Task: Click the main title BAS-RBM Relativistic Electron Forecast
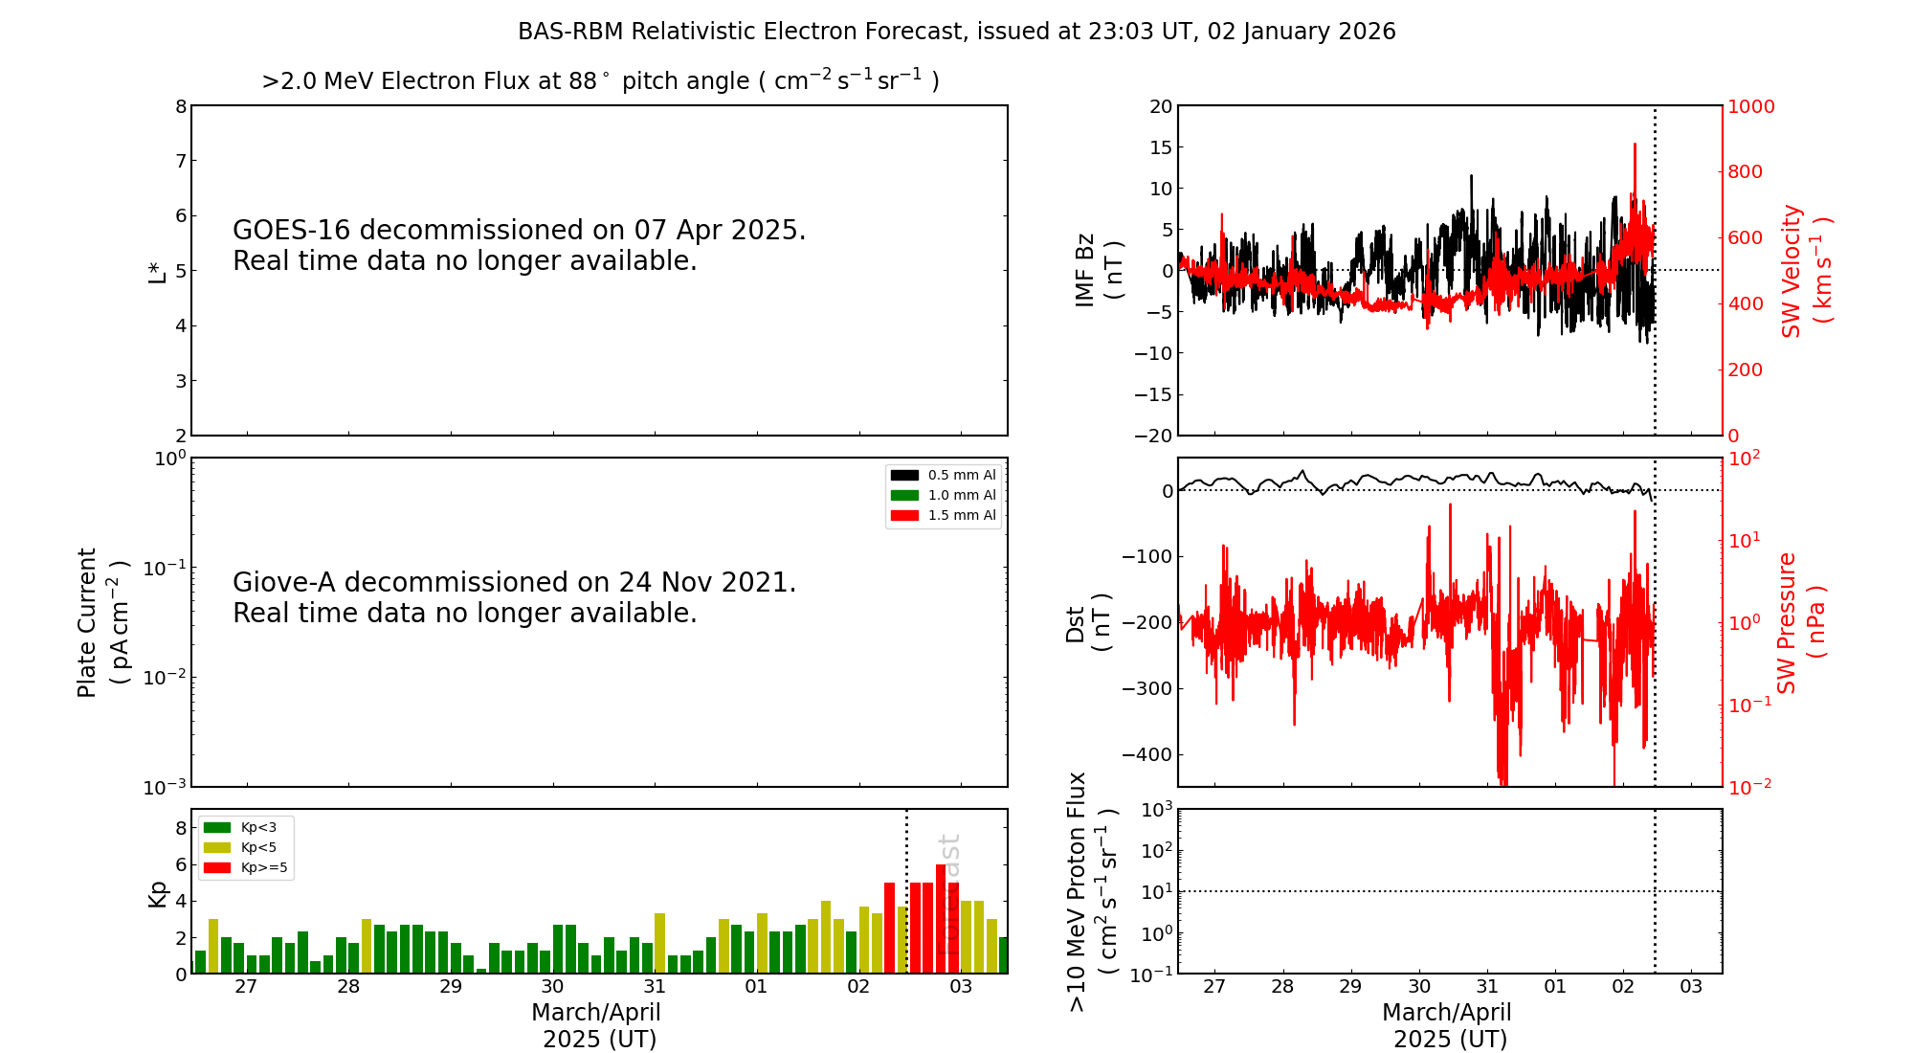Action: [x=956, y=32]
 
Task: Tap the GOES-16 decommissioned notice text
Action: [x=519, y=245]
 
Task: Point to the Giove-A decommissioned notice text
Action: [x=514, y=597]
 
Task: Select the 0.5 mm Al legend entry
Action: [x=943, y=475]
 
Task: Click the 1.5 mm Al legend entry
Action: [x=943, y=515]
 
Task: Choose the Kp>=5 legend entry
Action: [x=245, y=868]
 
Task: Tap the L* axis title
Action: [x=157, y=271]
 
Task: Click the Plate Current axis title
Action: [x=100, y=622]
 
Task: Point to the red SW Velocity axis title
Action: [x=1805, y=271]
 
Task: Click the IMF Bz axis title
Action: [x=1099, y=271]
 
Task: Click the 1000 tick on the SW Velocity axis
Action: [x=1750, y=106]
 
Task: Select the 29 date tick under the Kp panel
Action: [x=451, y=987]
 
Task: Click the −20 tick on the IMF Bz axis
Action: [x=1152, y=436]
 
